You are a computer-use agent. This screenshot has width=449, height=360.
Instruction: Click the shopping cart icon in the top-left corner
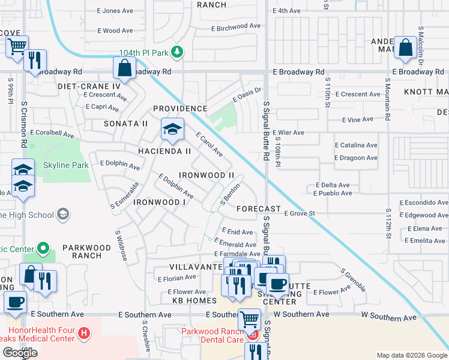click(x=17, y=46)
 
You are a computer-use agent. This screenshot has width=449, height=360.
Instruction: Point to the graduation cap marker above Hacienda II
click(x=172, y=130)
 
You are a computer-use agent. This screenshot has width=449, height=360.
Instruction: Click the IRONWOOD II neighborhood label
click(x=207, y=175)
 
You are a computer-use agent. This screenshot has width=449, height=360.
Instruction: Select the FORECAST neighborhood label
click(x=259, y=209)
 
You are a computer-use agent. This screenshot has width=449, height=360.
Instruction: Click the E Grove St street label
click(x=300, y=213)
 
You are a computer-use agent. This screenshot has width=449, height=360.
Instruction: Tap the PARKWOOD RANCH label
click(x=86, y=251)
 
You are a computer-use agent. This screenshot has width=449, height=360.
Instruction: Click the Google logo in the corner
click(x=20, y=353)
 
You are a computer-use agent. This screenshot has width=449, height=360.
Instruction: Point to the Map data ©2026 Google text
click(x=412, y=355)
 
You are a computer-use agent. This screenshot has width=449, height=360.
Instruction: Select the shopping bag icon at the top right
click(x=406, y=48)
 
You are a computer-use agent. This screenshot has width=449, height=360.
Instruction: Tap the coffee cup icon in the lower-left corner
click(x=15, y=301)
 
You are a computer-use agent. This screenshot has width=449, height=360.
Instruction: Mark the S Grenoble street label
click(x=353, y=280)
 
